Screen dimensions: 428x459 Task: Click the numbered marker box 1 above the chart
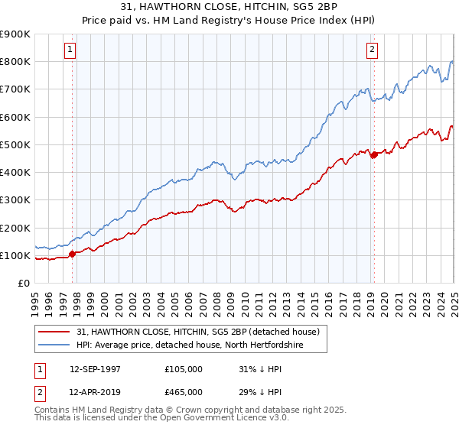point(70,50)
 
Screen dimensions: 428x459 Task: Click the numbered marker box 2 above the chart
point(372,50)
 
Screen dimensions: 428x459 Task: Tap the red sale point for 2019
point(374,155)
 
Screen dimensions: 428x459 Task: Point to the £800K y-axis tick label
point(15,62)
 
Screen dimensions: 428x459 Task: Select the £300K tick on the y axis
point(15,200)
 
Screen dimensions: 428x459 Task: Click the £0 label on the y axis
point(24,283)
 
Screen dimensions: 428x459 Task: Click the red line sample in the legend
point(54,331)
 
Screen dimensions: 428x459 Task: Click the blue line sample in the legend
point(54,344)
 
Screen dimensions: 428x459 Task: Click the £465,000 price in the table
point(183,391)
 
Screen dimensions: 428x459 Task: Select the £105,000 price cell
point(183,368)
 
